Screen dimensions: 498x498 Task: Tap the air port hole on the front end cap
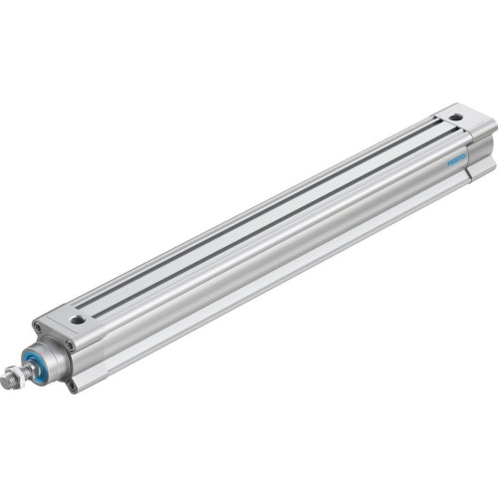(77, 320)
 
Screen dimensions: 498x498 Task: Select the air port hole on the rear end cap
(454, 118)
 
